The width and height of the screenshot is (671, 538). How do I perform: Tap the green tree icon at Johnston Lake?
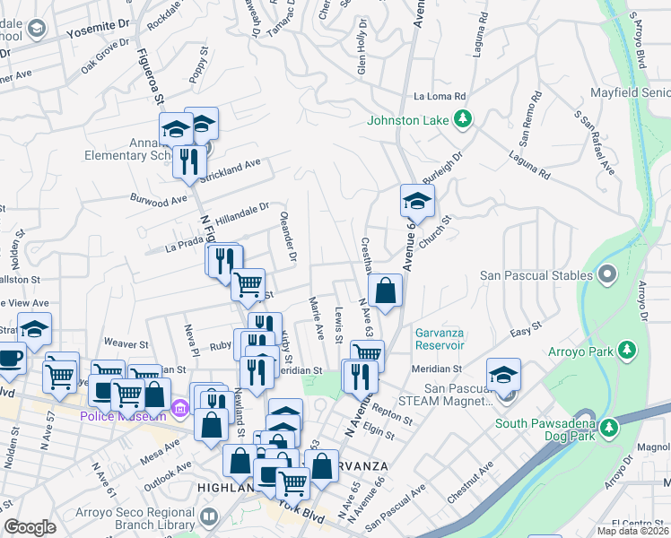(x=463, y=118)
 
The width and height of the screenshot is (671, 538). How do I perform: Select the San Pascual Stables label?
(x=537, y=274)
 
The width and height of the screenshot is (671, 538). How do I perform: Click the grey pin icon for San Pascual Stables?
(x=607, y=273)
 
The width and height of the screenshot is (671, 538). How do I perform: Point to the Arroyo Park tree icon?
(x=629, y=348)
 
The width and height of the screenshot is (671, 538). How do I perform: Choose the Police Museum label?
(x=123, y=416)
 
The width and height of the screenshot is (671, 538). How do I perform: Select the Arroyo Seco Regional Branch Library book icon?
(x=209, y=516)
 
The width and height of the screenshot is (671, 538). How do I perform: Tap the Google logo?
(x=30, y=527)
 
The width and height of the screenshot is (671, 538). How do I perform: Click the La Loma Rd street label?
(x=440, y=96)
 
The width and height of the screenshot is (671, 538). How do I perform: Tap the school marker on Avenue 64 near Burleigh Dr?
(x=416, y=202)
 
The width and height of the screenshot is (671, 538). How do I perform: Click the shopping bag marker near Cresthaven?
(x=385, y=291)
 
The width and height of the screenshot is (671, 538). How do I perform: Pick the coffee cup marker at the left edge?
(x=10, y=359)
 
